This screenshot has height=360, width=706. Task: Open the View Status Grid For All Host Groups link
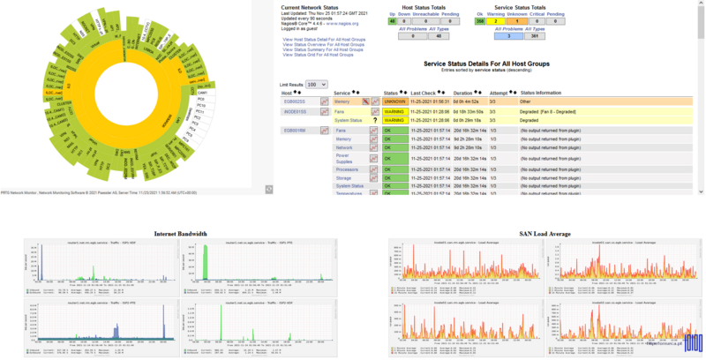(323, 54)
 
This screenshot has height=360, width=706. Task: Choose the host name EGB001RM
(294, 131)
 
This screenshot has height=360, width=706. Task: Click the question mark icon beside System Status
(375, 121)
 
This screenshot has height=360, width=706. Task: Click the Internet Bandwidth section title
(180, 234)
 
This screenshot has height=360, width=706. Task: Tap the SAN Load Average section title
(537, 234)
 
